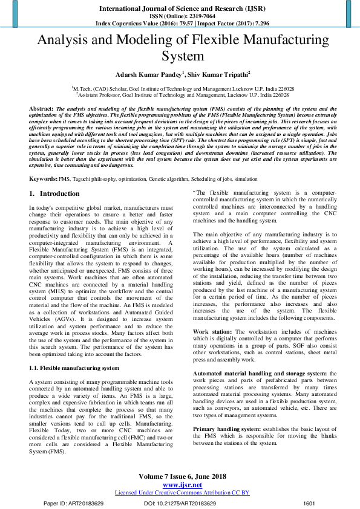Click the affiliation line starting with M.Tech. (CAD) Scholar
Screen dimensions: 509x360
point(179,88)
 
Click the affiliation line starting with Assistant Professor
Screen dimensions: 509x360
point(179,94)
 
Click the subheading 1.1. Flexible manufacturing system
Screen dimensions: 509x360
point(74,368)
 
